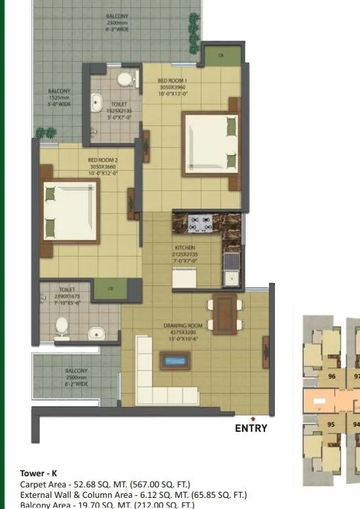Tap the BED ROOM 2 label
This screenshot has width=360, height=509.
click(x=103, y=159)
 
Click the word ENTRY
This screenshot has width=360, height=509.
click(x=251, y=429)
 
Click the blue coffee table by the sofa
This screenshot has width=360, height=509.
click(x=175, y=360)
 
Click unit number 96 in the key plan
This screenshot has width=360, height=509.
click(x=331, y=376)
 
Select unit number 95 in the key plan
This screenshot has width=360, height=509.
click(x=331, y=424)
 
